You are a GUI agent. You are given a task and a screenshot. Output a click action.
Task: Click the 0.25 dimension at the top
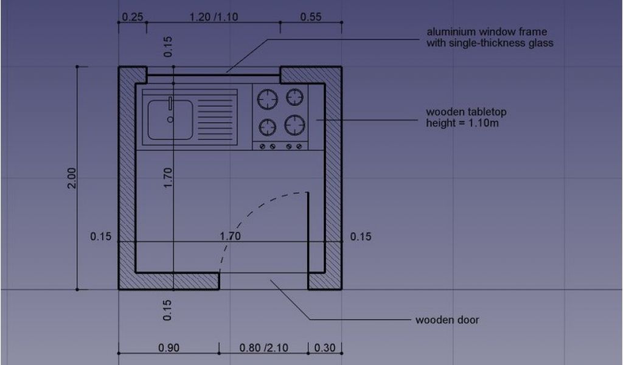pyautogui.click(x=132, y=17)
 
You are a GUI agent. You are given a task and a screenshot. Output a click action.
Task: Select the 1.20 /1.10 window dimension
pyautogui.click(x=214, y=17)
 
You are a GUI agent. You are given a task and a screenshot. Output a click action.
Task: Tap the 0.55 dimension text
pyautogui.click(x=311, y=17)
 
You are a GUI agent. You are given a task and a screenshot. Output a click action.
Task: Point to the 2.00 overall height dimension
pyautogui.click(x=72, y=178)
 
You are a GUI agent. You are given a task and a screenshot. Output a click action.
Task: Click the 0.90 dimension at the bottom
pyautogui.click(x=169, y=348)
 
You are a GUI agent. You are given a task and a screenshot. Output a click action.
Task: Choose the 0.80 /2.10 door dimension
pyautogui.click(x=264, y=348)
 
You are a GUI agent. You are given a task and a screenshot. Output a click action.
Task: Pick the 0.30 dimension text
pyautogui.click(x=325, y=348)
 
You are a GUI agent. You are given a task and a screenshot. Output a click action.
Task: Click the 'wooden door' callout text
pyautogui.click(x=447, y=320)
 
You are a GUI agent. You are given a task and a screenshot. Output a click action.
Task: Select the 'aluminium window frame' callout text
pyautogui.click(x=487, y=32)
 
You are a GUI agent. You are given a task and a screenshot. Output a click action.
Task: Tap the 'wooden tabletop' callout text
pyautogui.click(x=467, y=112)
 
